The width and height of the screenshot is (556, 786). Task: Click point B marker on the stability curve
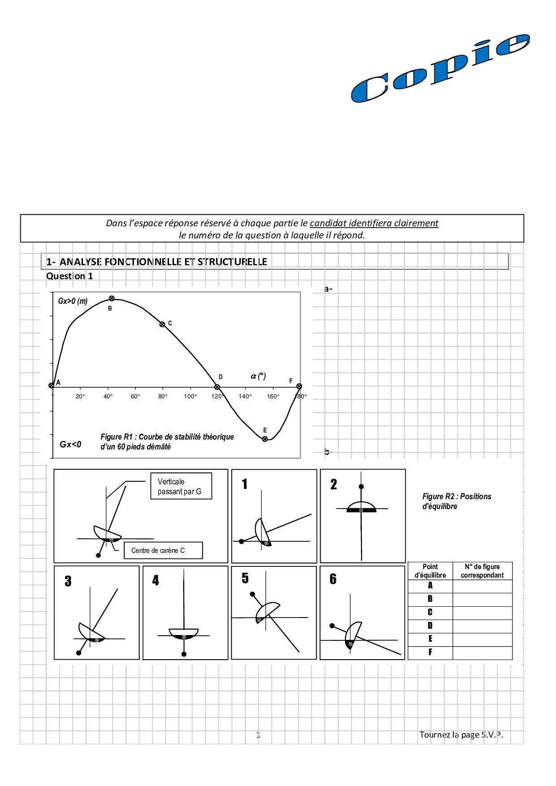[112, 298]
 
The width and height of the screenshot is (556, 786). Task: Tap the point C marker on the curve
[162, 324]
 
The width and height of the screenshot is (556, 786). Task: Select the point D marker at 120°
[217, 387]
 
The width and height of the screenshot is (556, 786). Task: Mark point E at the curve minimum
[265, 439]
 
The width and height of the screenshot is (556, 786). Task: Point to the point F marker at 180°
[299, 386]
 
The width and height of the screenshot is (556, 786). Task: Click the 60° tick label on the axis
[135, 396]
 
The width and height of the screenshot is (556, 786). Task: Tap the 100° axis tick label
[190, 396]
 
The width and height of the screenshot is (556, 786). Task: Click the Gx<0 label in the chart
[70, 445]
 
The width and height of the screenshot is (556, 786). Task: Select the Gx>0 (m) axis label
[73, 301]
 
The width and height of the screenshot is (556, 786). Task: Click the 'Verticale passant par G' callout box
[181, 486]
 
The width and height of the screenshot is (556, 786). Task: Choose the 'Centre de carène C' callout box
[163, 550]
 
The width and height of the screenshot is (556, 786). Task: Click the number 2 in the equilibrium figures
[334, 484]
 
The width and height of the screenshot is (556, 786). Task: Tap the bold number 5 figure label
[245, 578]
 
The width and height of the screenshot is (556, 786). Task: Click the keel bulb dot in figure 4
[184, 654]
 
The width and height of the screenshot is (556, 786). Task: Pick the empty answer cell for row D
[482, 626]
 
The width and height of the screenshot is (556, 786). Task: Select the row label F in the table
[430, 652]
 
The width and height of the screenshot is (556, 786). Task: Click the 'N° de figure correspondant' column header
[482, 571]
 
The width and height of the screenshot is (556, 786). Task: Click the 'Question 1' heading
[69, 276]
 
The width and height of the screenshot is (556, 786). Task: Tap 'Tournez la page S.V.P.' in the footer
[461, 734]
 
